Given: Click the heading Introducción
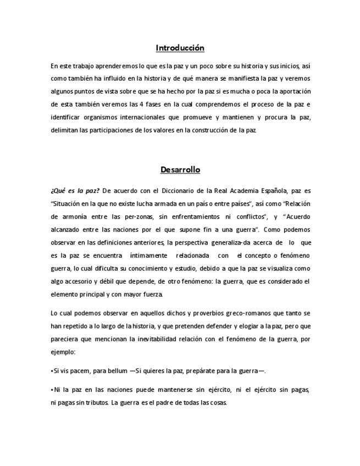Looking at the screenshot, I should [180, 48].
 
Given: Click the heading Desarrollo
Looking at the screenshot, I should [180, 170].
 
